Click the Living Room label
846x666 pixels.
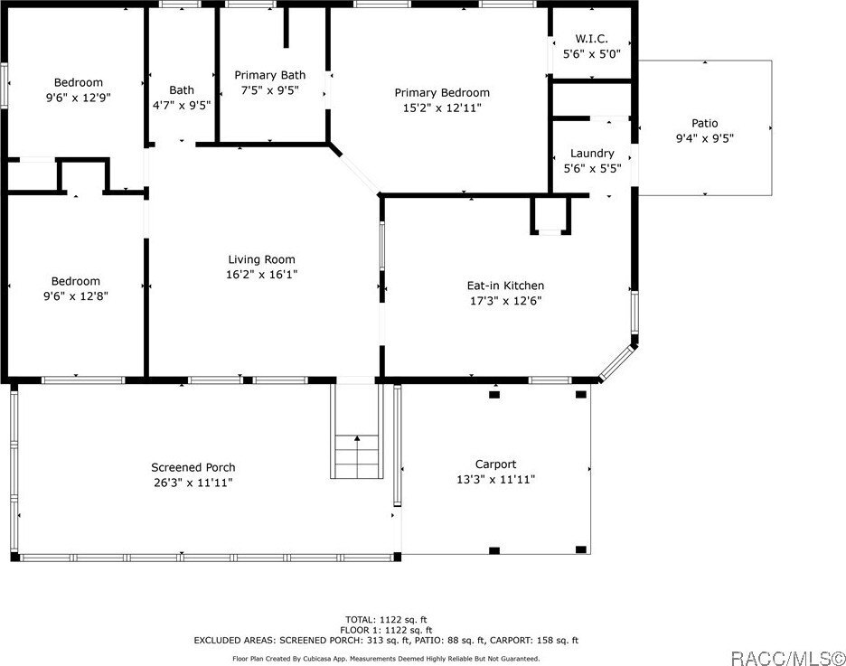click(x=261, y=259)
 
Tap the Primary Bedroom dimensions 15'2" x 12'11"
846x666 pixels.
click(x=442, y=108)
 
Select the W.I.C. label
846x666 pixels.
click(x=591, y=39)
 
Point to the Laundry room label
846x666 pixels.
click(x=592, y=153)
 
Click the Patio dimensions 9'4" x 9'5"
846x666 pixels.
click(x=705, y=138)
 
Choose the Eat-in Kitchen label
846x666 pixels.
click(x=505, y=286)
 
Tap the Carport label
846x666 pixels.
click(x=495, y=464)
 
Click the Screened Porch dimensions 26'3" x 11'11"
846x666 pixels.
click(x=193, y=483)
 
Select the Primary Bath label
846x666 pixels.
click(x=269, y=75)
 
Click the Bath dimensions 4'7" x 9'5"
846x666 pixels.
click(x=182, y=105)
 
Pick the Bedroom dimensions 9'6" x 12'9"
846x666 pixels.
click(x=79, y=98)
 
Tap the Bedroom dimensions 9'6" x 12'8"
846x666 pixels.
click(x=76, y=296)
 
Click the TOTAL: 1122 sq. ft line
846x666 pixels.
click(x=386, y=620)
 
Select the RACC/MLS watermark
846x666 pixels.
click(x=788, y=658)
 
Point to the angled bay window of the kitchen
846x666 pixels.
click(x=617, y=363)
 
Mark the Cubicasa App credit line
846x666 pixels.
click(x=386, y=659)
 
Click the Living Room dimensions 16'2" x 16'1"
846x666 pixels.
click(x=261, y=275)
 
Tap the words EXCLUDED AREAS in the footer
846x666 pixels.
click(x=235, y=641)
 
